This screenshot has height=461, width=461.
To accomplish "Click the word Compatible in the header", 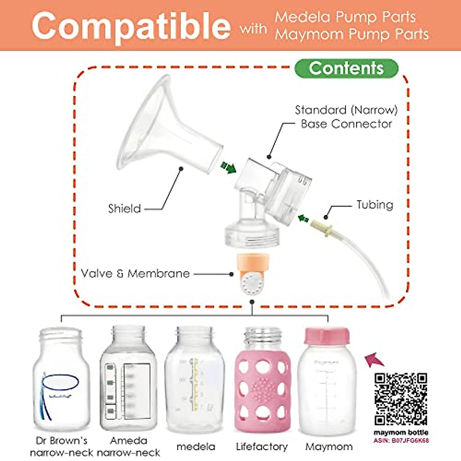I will [131, 26].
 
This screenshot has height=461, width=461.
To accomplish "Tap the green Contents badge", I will [346, 68].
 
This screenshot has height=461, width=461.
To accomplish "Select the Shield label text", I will [124, 209].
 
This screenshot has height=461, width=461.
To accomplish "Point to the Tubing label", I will [375, 204].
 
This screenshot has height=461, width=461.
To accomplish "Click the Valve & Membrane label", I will [135, 274].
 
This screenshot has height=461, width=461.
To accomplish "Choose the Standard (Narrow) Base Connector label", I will [346, 117].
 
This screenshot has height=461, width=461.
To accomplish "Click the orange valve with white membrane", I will [252, 275].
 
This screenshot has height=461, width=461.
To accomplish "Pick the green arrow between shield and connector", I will [228, 167].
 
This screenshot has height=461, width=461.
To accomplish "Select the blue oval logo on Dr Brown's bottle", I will [60, 382].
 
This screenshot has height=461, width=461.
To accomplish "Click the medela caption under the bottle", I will [196, 447].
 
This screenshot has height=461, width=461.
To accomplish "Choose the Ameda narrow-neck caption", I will [129, 446].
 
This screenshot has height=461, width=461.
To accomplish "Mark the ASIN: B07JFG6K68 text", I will [401, 441].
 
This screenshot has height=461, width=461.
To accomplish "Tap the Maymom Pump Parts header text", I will [352, 35].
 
